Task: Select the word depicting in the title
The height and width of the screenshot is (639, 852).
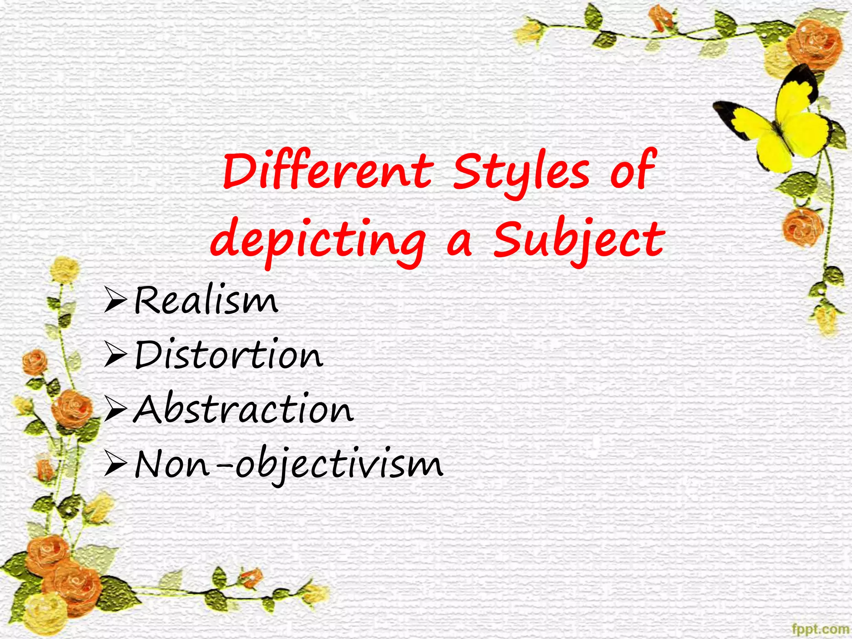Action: pos(318,241)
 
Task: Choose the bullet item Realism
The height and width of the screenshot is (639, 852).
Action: pos(206,300)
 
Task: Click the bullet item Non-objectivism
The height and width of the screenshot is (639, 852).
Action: pos(289,464)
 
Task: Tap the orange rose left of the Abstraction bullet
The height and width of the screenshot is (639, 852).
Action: pos(72,408)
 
